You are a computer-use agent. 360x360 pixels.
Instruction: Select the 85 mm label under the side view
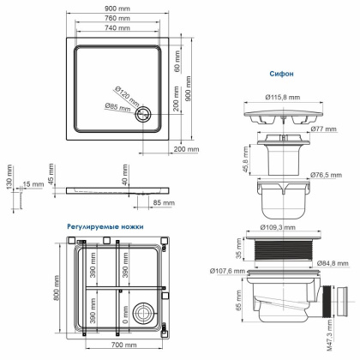click(163, 202)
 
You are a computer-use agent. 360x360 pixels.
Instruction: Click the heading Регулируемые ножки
click(105, 226)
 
